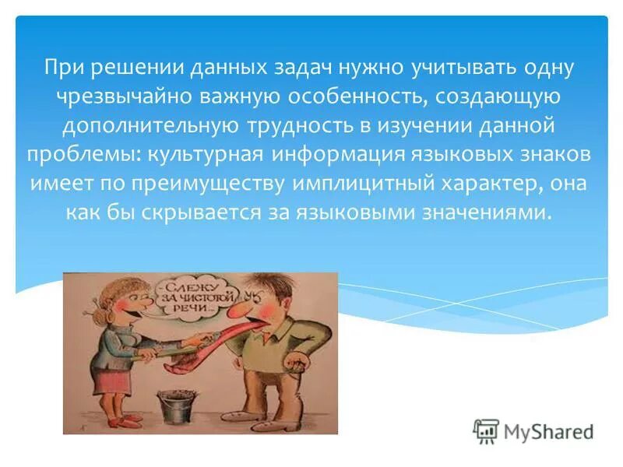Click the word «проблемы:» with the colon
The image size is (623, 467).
point(84,154)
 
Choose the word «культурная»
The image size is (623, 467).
point(202,154)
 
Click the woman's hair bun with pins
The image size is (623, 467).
point(90,293)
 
